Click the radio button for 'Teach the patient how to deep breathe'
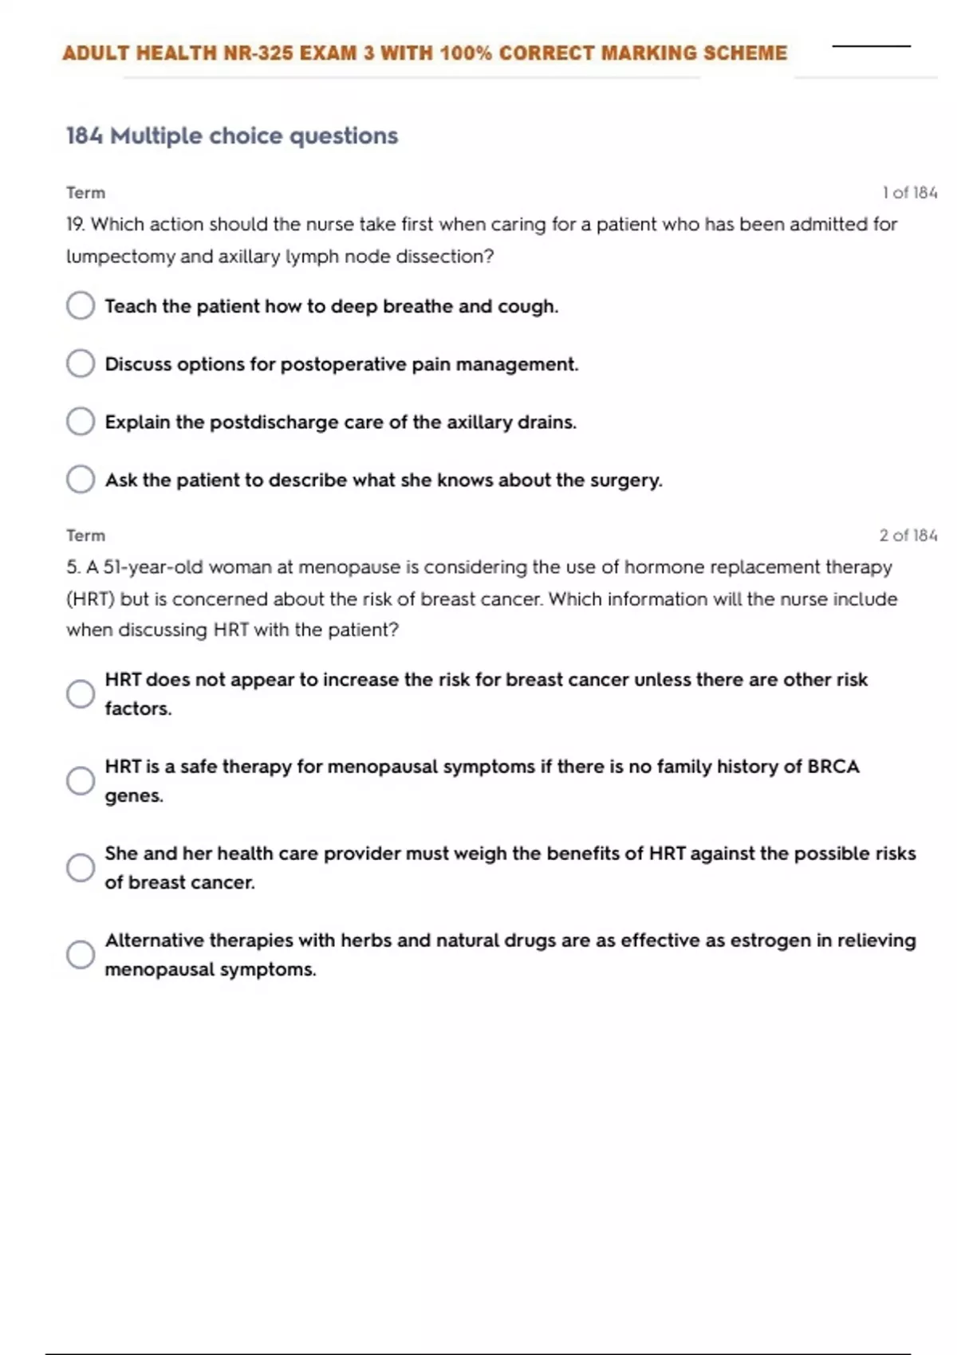coord(81,305)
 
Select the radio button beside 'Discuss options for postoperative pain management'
coord(81,363)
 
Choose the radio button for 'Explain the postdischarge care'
coord(81,421)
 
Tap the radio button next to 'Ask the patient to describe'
coord(81,479)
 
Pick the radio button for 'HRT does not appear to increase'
coord(81,693)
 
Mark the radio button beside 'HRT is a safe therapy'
coord(81,780)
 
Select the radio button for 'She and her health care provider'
coord(81,867)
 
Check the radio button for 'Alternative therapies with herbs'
coord(81,954)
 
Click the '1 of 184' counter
coord(909,193)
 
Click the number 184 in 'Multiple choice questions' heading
coord(85,136)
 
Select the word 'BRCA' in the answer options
coord(833,767)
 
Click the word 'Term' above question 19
coord(86,193)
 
